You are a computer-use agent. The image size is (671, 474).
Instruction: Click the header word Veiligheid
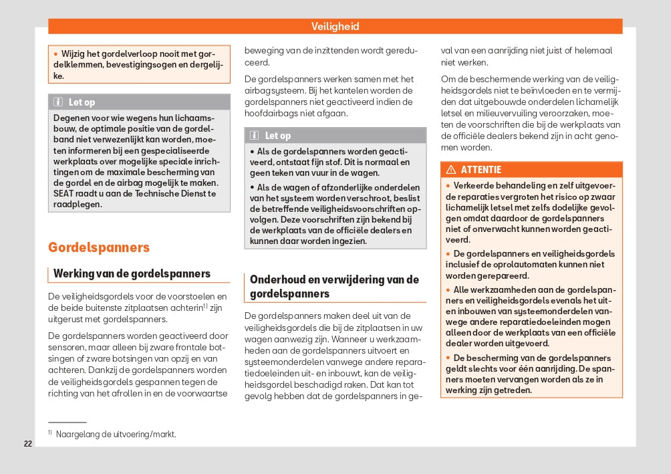pyautogui.click(x=335, y=27)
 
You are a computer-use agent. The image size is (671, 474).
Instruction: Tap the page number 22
pyautogui.click(x=28, y=444)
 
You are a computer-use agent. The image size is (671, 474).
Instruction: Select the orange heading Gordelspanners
pyautogui.click(x=98, y=247)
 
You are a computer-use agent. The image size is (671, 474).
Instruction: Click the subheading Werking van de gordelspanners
pyautogui.click(x=132, y=273)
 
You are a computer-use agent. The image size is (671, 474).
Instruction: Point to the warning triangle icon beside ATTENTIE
pyautogui.click(x=450, y=170)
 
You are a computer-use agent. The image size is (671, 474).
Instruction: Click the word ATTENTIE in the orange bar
pyautogui.click(x=481, y=170)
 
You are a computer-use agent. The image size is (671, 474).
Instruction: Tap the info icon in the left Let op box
pyautogui.click(x=58, y=102)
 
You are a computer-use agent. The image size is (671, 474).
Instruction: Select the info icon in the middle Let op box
pyautogui.click(x=255, y=136)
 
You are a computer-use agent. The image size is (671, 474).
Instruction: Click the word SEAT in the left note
pyautogui.click(x=65, y=194)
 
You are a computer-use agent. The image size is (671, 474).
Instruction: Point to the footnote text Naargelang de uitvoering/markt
pyautogui.click(x=116, y=434)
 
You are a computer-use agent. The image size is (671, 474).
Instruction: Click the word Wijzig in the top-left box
pyautogui.click(x=76, y=53)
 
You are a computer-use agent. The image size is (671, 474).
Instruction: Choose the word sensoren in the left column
pyautogui.click(x=68, y=348)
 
